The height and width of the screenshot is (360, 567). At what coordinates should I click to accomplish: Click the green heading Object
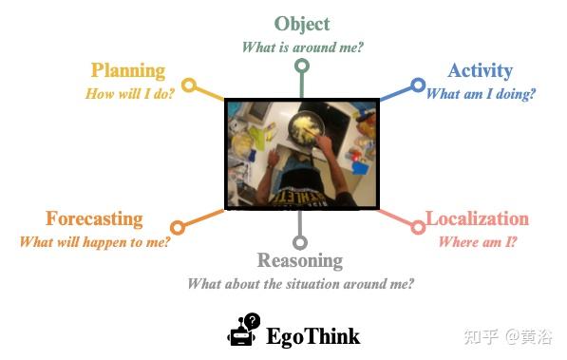[x=301, y=24]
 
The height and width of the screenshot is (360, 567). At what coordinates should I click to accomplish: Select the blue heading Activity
[x=480, y=70]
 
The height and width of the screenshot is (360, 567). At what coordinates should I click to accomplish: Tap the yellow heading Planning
[x=128, y=70]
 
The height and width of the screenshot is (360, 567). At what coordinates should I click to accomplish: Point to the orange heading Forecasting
[x=94, y=218]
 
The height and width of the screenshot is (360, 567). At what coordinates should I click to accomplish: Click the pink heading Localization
[x=477, y=218]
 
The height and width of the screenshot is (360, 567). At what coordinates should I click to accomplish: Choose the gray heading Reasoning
[x=299, y=260]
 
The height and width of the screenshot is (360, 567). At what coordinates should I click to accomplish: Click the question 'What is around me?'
[x=301, y=46]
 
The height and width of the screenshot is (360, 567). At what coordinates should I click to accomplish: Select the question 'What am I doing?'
[x=481, y=93]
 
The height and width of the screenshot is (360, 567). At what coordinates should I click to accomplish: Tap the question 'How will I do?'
[x=129, y=93]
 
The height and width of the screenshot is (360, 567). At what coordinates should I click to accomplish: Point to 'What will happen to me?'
[x=95, y=241]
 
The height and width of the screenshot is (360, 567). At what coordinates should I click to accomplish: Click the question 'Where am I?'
[x=477, y=241]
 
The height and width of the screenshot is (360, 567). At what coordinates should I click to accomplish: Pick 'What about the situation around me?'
[x=300, y=283]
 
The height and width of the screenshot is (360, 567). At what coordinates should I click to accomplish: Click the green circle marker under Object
[x=302, y=66]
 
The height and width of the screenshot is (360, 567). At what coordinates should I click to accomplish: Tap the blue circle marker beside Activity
[x=418, y=85]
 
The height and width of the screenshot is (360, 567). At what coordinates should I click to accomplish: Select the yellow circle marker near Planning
[x=189, y=85]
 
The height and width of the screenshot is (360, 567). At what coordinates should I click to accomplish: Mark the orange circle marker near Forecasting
[x=177, y=227]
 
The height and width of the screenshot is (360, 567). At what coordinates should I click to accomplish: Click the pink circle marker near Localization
[x=418, y=227]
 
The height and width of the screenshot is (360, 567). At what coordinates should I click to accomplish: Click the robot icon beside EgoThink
[x=243, y=331]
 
